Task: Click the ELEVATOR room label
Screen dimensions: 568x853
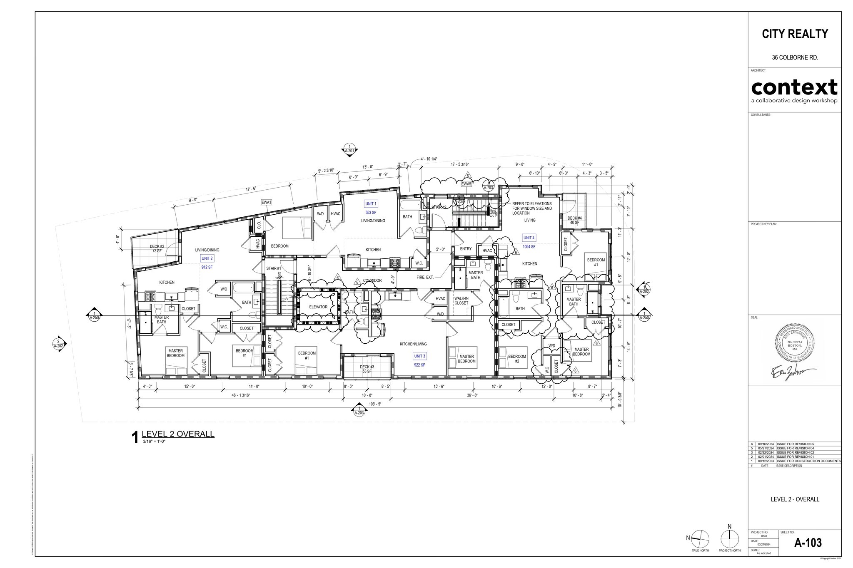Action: (318, 307)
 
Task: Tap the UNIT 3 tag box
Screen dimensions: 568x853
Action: (419, 356)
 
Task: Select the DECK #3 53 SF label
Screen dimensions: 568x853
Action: (367, 369)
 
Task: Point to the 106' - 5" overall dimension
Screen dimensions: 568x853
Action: (374, 404)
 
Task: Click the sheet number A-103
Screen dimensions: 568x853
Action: (808, 543)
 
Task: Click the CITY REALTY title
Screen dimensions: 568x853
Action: (795, 34)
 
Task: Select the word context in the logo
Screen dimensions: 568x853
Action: (794, 87)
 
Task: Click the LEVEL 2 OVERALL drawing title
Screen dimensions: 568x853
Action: (178, 434)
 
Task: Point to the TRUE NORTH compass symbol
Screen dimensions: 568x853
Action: (700, 540)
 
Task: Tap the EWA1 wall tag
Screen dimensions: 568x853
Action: (266, 202)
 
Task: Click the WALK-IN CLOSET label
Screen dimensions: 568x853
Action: (461, 300)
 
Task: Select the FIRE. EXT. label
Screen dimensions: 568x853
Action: (425, 277)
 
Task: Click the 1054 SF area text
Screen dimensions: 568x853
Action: (529, 247)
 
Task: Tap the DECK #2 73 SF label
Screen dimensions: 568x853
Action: (157, 248)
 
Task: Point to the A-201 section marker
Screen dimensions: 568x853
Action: (349, 151)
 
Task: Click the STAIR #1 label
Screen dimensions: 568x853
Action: (274, 268)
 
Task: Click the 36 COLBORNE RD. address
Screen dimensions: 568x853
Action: (795, 58)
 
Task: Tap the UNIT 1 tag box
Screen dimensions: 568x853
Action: (371, 204)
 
